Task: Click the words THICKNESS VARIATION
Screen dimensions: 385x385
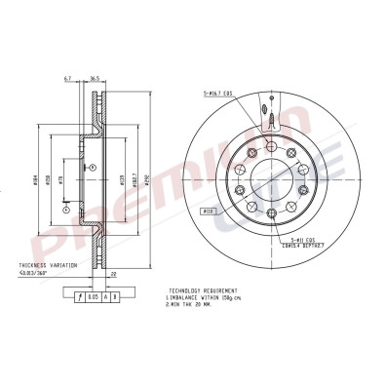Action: click(45, 264)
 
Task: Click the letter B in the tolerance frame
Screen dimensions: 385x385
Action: click(116, 294)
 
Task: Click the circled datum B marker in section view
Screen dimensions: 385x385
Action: click(65, 208)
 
